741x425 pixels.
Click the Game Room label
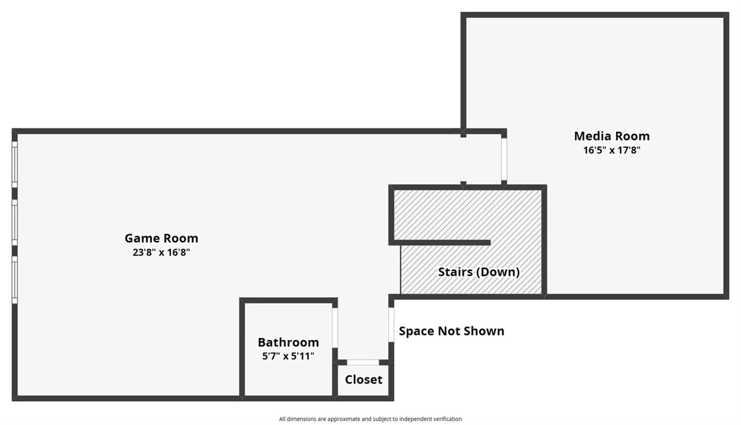161,238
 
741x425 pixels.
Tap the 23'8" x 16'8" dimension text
161,252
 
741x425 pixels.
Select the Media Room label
611,136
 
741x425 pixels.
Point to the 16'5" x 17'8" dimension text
611,150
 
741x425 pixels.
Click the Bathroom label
288,342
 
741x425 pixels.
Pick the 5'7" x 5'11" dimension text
288,356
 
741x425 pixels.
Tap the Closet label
363,379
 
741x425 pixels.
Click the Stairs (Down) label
479,272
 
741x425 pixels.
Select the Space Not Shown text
451,331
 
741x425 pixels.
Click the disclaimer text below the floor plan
370,419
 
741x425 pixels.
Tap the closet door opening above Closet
363,362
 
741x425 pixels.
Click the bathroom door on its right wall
335,327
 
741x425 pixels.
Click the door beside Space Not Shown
391,325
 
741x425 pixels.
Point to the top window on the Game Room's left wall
15,164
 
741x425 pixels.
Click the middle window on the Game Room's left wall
15,222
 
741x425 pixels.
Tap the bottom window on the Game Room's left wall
15,280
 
